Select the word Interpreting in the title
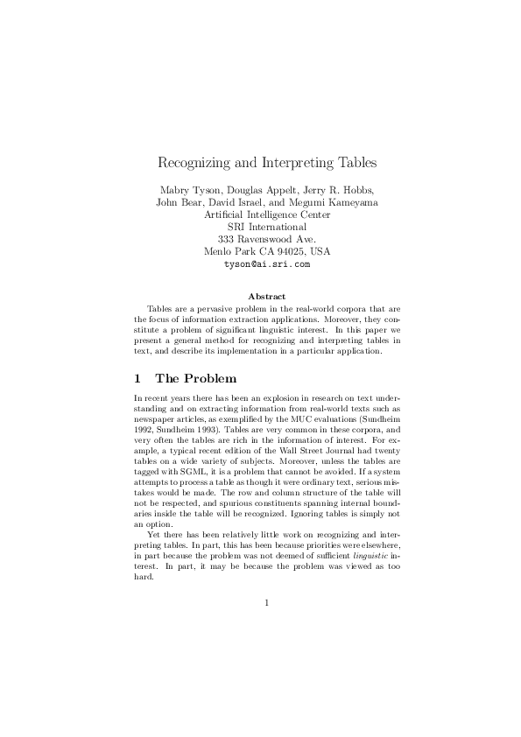[297, 163]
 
